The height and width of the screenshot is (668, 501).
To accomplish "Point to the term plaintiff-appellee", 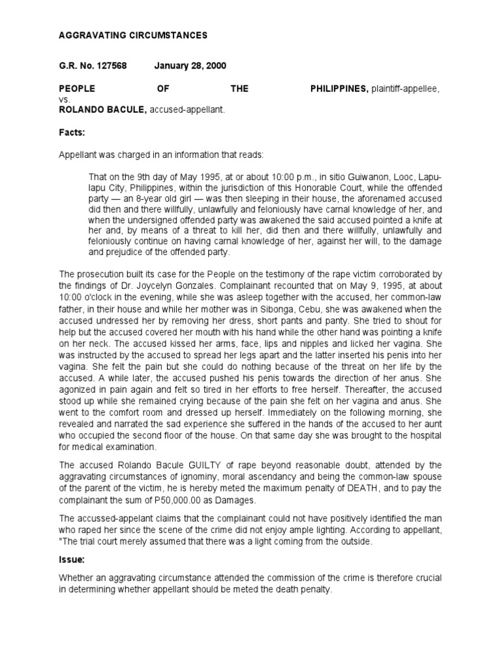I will [x=405, y=89].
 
